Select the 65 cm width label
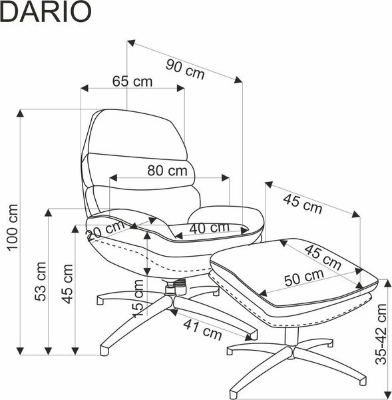(132, 81)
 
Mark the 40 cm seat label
(209, 228)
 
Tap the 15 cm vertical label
(138, 298)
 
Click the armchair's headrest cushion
(136, 133)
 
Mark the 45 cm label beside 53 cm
(67, 283)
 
